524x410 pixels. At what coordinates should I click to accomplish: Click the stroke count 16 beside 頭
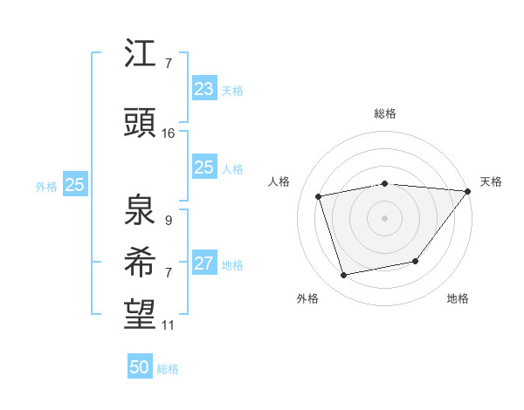pyautogui.click(x=169, y=133)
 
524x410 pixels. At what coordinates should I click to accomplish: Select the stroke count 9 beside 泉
pyautogui.click(x=168, y=221)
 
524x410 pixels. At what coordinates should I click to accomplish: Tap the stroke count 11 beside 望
pyautogui.click(x=169, y=325)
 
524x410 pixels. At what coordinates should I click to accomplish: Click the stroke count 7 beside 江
pyautogui.click(x=168, y=64)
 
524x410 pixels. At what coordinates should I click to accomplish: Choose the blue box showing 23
pyautogui.click(x=203, y=88)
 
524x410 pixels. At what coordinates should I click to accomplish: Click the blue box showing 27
pyautogui.click(x=203, y=263)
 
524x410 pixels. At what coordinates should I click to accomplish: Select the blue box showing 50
pyautogui.click(x=139, y=367)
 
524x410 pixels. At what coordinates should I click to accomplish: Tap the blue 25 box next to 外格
pyautogui.click(x=74, y=184)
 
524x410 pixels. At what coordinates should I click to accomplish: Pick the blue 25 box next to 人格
pyautogui.click(x=203, y=167)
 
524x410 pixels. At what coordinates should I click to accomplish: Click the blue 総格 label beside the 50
pyautogui.click(x=168, y=369)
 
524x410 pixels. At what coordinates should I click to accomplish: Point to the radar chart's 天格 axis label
pyautogui.click(x=491, y=181)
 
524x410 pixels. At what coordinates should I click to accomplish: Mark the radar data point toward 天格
pyautogui.click(x=468, y=191)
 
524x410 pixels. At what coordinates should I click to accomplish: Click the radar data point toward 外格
pyautogui.click(x=344, y=276)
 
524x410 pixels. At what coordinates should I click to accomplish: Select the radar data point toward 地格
pyautogui.click(x=416, y=261)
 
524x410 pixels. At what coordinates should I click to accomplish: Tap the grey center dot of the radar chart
pyautogui.click(x=384, y=217)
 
